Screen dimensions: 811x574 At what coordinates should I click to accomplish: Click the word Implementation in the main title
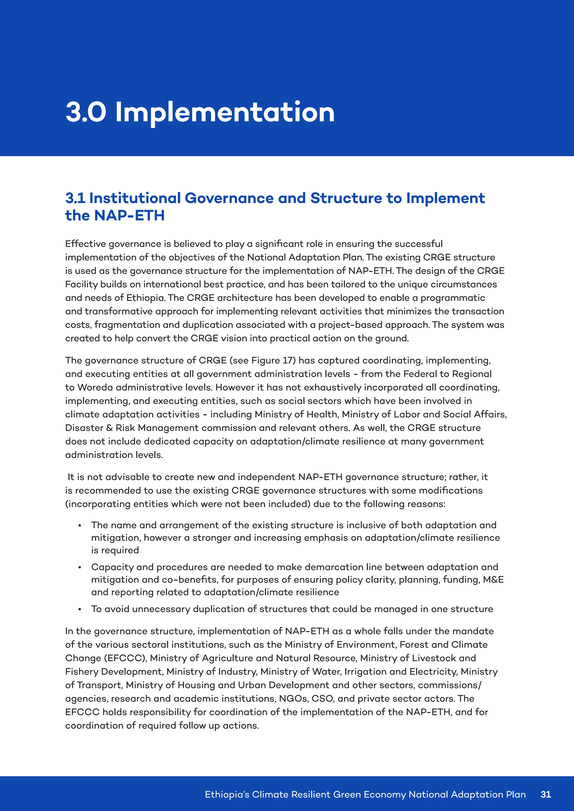[225, 112]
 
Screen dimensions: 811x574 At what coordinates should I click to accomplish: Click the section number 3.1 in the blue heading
[75, 198]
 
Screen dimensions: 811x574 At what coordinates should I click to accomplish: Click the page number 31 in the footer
[546, 794]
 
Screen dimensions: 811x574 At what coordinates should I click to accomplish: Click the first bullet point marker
[80, 526]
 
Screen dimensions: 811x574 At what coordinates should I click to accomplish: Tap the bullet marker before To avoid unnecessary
[80, 610]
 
